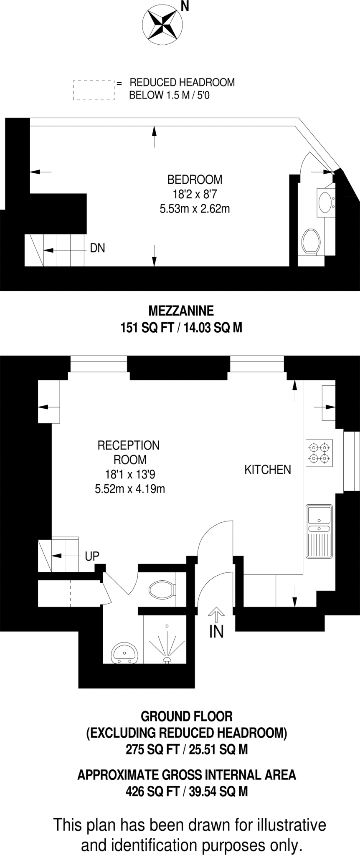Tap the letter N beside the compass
pyautogui.click(x=184, y=7)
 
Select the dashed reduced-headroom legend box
pyautogui.click(x=94, y=90)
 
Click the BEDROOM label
pyautogui.click(x=195, y=180)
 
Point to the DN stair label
pyautogui.click(x=97, y=248)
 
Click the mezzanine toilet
pyautogui.click(x=311, y=241)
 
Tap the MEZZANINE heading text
pyautogui.click(x=181, y=311)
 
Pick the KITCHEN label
pyautogui.click(x=267, y=470)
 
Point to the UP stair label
pyautogui.click(x=92, y=556)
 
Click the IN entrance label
pyautogui.click(x=216, y=632)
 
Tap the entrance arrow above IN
pyautogui.click(x=216, y=615)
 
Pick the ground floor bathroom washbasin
pyautogui.click(x=124, y=653)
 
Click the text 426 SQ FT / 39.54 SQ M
pyautogui.click(x=187, y=791)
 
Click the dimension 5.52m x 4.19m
pyautogui.click(x=130, y=488)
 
